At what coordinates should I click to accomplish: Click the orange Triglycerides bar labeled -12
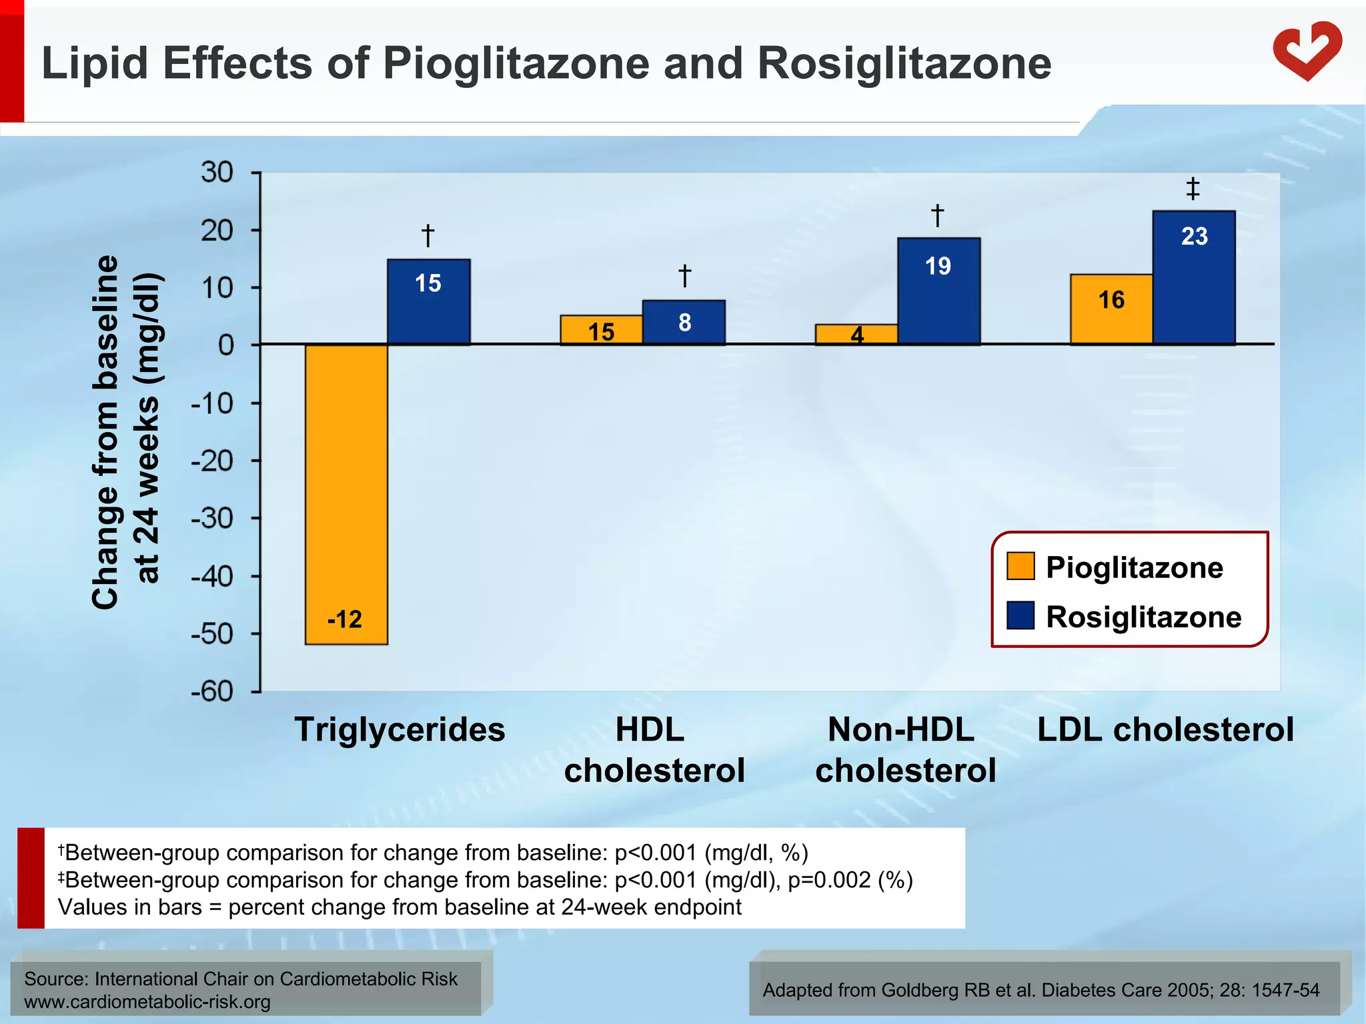click(346, 493)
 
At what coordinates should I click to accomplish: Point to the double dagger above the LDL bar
click(1193, 189)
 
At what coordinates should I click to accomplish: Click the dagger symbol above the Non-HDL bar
click(937, 215)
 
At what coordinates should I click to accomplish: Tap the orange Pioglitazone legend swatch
click(1020, 566)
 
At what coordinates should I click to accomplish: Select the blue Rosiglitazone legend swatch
click(1020, 615)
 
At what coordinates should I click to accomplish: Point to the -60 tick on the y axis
click(212, 691)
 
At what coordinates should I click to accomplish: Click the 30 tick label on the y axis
click(217, 173)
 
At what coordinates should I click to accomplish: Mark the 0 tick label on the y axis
click(226, 345)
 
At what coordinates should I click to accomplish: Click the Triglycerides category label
click(400, 729)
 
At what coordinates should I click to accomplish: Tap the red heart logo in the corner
click(1307, 51)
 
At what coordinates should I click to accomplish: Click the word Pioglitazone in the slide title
click(516, 63)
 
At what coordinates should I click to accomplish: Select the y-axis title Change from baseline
click(105, 432)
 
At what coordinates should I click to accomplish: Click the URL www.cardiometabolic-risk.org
click(147, 1002)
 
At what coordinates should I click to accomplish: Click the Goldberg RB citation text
click(1041, 990)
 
